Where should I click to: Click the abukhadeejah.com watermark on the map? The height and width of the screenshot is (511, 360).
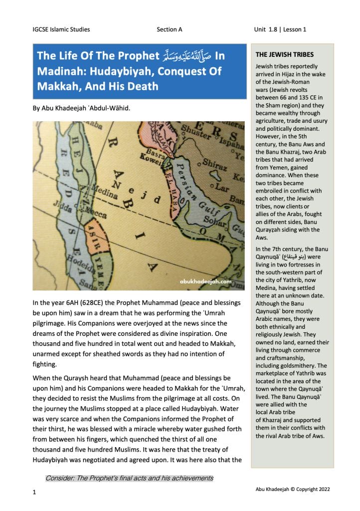point(205,281)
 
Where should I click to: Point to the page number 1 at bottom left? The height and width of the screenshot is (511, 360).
point(34,493)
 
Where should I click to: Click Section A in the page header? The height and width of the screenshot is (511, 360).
point(169,29)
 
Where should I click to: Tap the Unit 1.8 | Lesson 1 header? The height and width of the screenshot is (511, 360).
point(280,29)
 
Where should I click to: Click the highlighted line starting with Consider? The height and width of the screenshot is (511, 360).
point(129,478)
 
